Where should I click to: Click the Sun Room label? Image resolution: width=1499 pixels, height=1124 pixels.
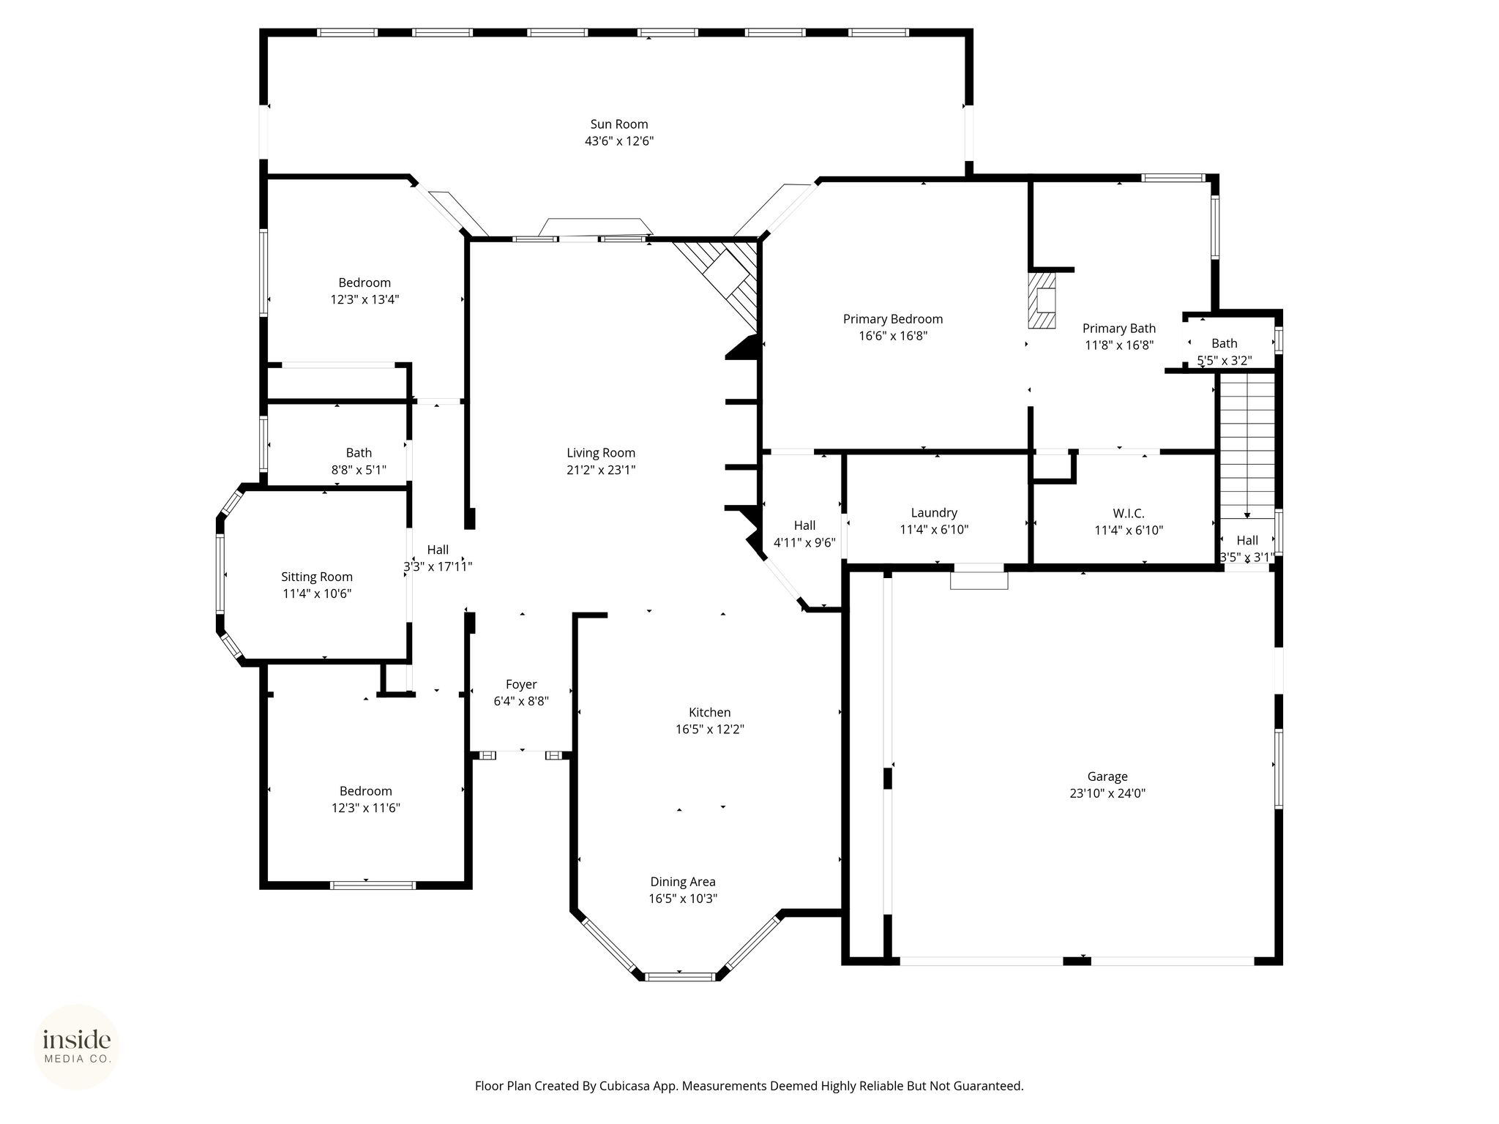(x=619, y=124)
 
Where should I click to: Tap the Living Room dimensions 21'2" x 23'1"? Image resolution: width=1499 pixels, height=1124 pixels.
(x=601, y=470)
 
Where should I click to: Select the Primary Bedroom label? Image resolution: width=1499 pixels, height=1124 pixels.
(x=893, y=319)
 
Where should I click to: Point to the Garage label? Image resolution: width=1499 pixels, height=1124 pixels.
(x=1107, y=776)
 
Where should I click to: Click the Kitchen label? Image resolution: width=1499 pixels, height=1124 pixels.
(x=710, y=712)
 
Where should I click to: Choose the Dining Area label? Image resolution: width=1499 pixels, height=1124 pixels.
(x=683, y=882)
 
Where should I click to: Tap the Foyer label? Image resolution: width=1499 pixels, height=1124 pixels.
(x=521, y=684)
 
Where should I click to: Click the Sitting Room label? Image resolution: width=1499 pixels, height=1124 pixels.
(x=317, y=577)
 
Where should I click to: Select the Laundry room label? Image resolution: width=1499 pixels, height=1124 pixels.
(x=934, y=513)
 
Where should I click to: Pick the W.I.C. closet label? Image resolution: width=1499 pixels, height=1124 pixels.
(x=1129, y=513)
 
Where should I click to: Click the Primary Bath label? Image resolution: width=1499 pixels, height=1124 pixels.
(x=1119, y=329)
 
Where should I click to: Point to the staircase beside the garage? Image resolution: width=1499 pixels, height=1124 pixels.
(x=1246, y=445)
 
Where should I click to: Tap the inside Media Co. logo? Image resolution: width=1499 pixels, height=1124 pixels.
(x=77, y=1046)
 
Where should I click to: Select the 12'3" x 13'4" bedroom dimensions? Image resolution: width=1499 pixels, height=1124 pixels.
(x=365, y=299)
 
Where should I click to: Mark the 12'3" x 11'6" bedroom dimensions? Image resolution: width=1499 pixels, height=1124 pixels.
(x=365, y=808)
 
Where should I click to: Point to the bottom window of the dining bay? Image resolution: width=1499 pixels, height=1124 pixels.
(x=681, y=976)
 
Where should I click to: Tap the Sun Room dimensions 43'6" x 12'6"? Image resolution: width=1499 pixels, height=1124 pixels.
(x=619, y=141)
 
